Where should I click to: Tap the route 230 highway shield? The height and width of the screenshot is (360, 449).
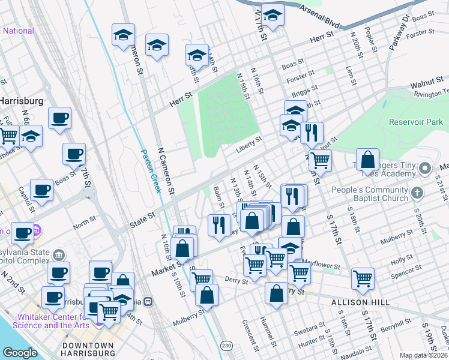[x=226, y=345]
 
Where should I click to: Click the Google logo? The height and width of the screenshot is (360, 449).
[x=20, y=353]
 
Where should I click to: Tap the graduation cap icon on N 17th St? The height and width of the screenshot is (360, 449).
[x=273, y=16]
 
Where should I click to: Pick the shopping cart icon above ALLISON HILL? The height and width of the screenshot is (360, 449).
[x=363, y=277]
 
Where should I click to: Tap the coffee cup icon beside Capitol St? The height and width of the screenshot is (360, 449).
[x=42, y=190]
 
